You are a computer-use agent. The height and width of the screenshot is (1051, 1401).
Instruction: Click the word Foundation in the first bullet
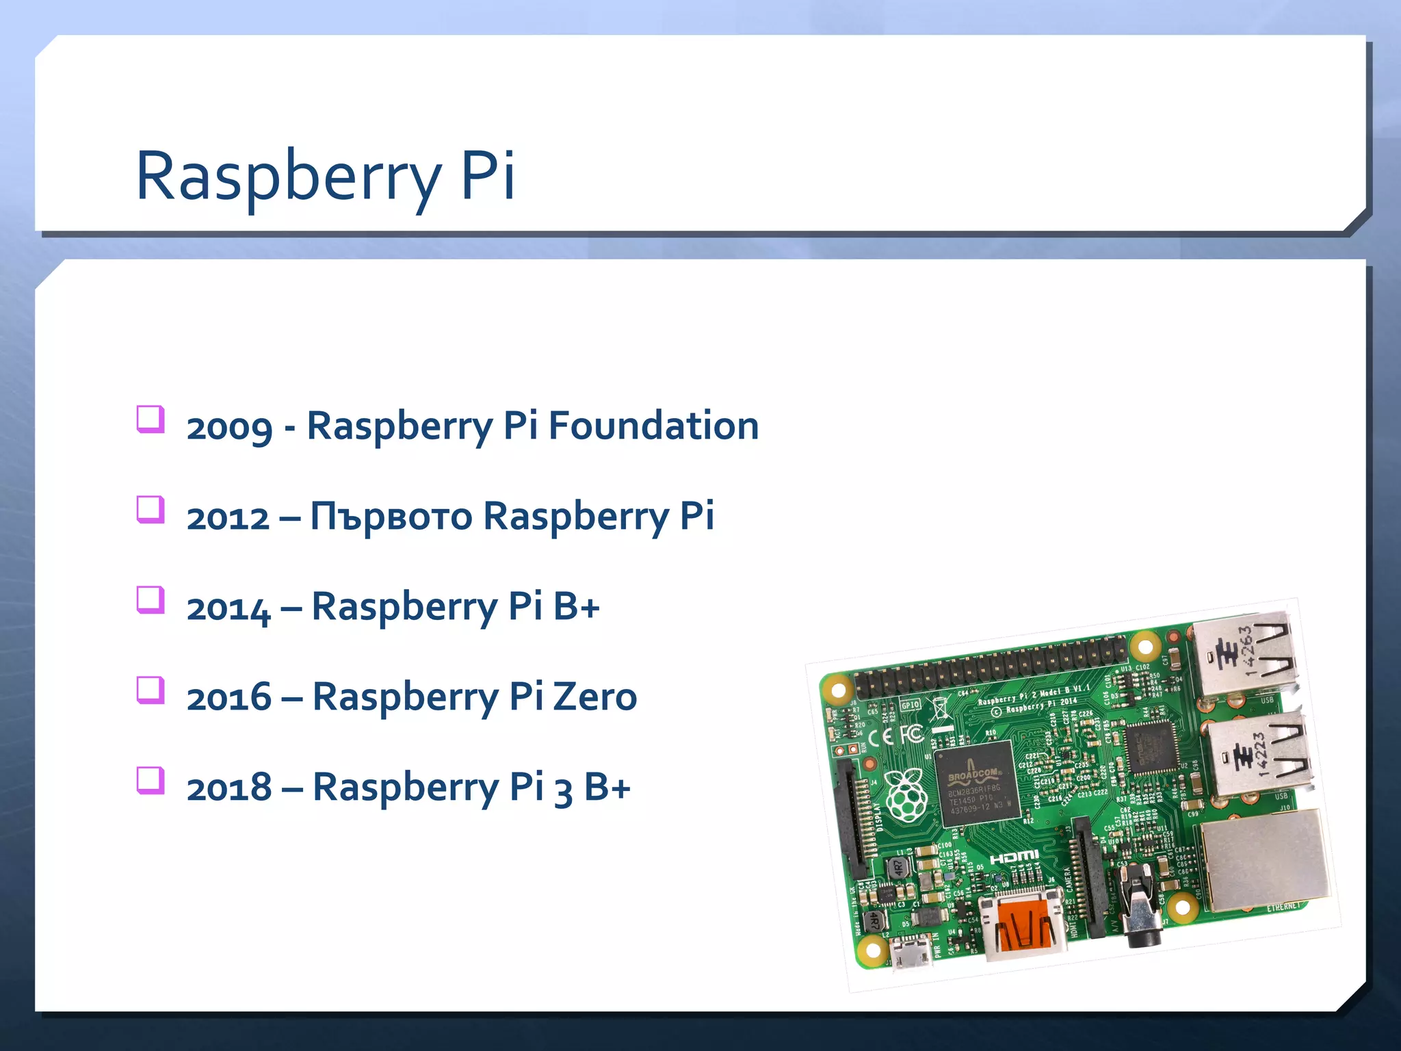[x=653, y=426]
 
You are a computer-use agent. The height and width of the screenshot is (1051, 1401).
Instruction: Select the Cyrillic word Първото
[x=391, y=517]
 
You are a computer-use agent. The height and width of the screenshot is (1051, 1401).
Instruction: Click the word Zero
[x=594, y=697]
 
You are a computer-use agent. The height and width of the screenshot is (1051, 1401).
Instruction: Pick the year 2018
[x=229, y=788]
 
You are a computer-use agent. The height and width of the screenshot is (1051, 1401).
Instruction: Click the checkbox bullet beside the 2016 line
[x=150, y=690]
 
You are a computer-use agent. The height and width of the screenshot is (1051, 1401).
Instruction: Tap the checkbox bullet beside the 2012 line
[x=150, y=509]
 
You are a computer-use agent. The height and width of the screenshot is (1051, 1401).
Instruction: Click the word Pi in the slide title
[x=488, y=175]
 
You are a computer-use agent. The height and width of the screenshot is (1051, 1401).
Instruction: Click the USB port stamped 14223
[x=1259, y=753]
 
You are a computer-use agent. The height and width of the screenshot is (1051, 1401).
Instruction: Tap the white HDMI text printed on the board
[x=1014, y=857]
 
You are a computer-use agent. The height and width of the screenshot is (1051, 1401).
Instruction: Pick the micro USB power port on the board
[x=911, y=952]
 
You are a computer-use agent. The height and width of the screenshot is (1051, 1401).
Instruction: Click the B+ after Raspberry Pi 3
[x=607, y=788]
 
